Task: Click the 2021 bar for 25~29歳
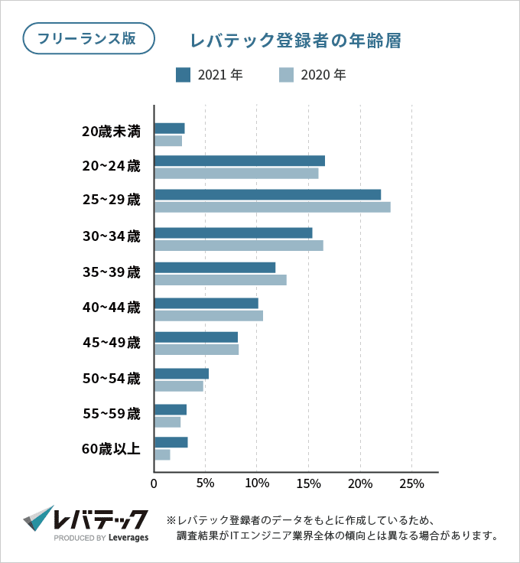(x=268, y=194)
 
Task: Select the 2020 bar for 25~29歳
(x=272, y=207)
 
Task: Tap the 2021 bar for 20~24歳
(x=239, y=161)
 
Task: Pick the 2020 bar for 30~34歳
(x=239, y=246)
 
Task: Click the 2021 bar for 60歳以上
(x=171, y=442)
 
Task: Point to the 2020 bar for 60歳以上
(x=162, y=455)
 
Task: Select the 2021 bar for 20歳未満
(x=170, y=128)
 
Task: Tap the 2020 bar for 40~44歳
(x=209, y=316)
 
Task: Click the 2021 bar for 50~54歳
(x=181, y=373)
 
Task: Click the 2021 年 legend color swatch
(x=183, y=75)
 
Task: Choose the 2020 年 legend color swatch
(x=286, y=75)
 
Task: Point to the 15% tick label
(x=308, y=484)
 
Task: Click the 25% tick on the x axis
(x=411, y=484)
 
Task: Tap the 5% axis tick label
(x=205, y=484)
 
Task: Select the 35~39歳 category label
(x=112, y=272)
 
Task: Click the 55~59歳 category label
(x=112, y=414)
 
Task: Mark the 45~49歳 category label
(x=112, y=342)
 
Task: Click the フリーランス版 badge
(x=89, y=38)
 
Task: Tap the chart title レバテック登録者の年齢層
(x=296, y=41)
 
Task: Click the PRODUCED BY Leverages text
(x=101, y=538)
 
